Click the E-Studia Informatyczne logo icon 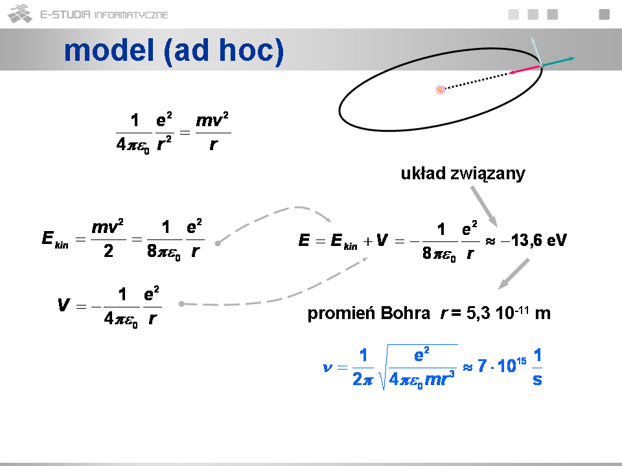click(x=20, y=14)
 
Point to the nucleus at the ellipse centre click(x=441, y=90)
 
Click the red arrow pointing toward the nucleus click(x=524, y=70)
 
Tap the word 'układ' click(x=423, y=173)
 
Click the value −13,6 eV click(x=534, y=240)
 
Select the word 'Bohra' click(x=405, y=313)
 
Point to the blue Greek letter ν click(x=327, y=368)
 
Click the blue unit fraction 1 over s click(x=537, y=366)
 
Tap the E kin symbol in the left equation click(x=54, y=239)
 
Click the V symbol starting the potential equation click(x=63, y=305)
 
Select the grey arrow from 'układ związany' click(x=484, y=206)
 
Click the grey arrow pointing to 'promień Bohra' click(x=513, y=274)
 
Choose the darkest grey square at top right click(x=604, y=14)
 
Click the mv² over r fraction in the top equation click(x=213, y=132)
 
